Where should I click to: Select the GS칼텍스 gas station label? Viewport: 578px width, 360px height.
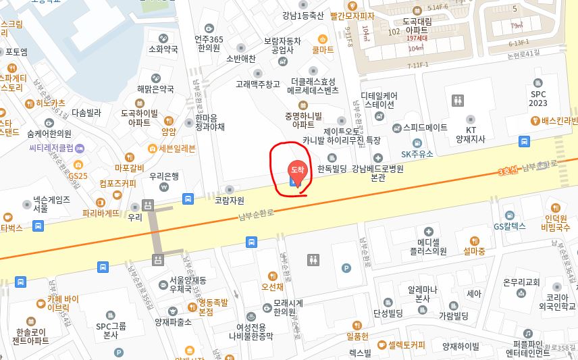point(508,226)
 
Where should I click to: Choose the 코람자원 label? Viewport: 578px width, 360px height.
point(229,200)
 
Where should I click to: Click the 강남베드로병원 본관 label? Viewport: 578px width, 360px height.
point(377,173)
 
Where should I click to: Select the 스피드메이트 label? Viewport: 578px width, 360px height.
point(425,127)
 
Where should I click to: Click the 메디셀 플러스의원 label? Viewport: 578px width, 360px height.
point(427,246)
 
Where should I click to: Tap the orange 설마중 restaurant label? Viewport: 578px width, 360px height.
point(474,251)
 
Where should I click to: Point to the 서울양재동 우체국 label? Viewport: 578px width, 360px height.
point(188,284)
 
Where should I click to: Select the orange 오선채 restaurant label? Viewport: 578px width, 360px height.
point(272,286)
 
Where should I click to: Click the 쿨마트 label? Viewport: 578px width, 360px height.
point(323,49)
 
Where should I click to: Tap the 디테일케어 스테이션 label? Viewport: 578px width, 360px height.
point(379,100)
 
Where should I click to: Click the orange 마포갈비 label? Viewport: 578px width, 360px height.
point(130,168)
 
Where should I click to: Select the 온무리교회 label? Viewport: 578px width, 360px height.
point(522,282)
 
